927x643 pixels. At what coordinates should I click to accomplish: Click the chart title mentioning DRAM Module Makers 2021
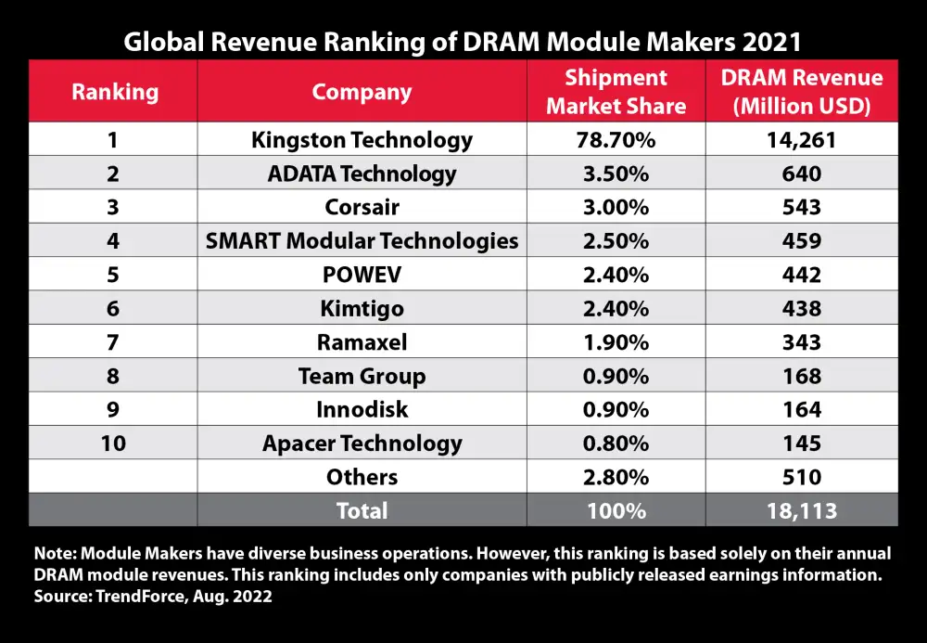point(463,41)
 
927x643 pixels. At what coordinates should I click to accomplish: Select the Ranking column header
point(115,92)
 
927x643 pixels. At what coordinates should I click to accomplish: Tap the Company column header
point(362,92)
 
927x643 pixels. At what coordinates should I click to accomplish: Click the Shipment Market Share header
point(616,92)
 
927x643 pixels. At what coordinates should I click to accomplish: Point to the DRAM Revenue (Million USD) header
point(802,92)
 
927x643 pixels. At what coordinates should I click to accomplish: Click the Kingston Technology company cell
point(362,140)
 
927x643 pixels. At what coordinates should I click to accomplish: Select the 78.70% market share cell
point(616,140)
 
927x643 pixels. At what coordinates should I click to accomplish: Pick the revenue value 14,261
point(802,140)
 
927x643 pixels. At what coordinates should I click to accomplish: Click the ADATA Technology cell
point(362,174)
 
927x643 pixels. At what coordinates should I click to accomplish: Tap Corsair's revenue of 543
point(802,207)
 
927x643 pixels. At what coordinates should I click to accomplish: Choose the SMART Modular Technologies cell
point(362,241)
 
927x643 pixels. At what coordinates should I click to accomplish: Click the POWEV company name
point(362,275)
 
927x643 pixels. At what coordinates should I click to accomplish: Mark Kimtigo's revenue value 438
point(802,308)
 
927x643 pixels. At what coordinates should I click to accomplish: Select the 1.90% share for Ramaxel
point(616,342)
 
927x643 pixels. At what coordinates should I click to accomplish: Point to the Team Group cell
point(362,376)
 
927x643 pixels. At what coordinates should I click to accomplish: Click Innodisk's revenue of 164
point(802,409)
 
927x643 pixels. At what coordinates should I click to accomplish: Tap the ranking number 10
point(115,444)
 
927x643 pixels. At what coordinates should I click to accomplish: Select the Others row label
point(362,477)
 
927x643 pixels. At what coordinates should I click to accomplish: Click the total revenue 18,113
point(802,510)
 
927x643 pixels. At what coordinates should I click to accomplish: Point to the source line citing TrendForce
point(153,598)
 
